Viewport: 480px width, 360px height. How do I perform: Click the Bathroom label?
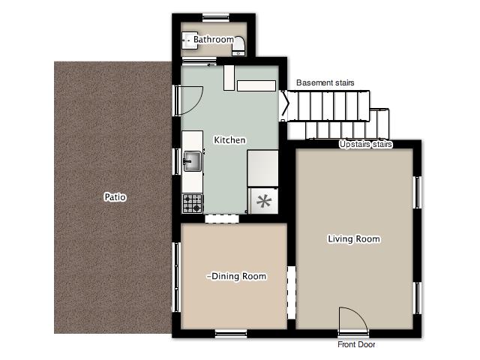pos(214,40)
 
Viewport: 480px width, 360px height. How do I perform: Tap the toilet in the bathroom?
pos(238,46)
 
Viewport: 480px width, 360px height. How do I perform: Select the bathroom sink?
pos(190,40)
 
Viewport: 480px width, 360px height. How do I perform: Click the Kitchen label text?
pos(229,140)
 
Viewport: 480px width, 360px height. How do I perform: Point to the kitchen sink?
pos(192,161)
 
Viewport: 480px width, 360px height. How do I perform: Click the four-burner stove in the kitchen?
pos(193,203)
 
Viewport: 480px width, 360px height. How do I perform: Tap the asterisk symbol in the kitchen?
pos(263,202)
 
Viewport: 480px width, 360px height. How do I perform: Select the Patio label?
pos(115,196)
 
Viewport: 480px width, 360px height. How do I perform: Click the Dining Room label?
pos(236,276)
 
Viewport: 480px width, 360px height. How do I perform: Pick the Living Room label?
pos(354,238)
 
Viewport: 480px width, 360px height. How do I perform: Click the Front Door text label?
pos(356,344)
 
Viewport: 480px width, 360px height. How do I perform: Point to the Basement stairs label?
pos(325,82)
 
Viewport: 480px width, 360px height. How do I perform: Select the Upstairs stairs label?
pos(365,144)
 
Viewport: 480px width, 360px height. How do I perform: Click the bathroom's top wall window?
pos(216,18)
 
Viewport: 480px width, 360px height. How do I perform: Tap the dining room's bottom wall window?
pos(231,334)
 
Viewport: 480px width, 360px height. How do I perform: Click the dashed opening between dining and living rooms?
pos(292,292)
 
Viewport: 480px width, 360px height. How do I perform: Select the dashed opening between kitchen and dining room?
pos(222,218)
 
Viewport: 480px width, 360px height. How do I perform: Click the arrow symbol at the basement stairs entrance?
pos(285,106)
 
